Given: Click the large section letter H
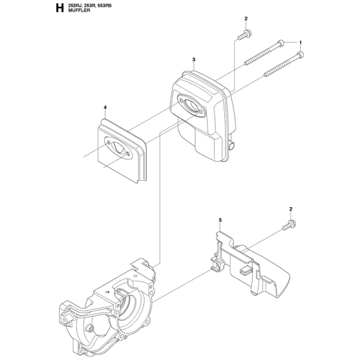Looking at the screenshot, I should click(x=59, y=9).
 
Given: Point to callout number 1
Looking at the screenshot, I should click(x=300, y=42).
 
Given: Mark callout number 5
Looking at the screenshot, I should click(x=220, y=221).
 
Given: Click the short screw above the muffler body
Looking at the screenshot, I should click(x=242, y=36).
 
